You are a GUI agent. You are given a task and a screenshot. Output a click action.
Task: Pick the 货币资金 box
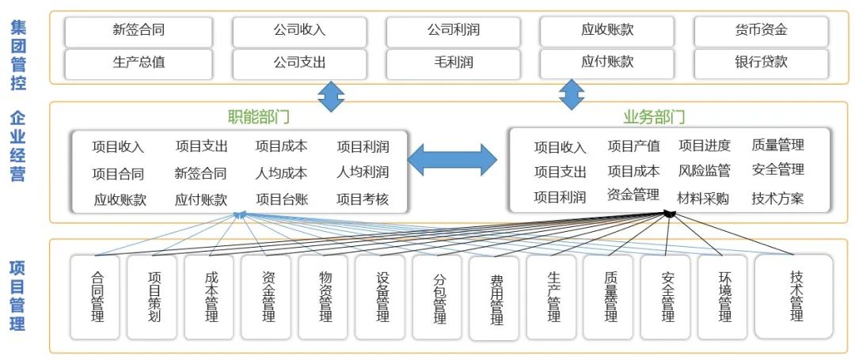761,31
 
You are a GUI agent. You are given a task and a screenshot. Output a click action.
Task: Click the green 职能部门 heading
259,117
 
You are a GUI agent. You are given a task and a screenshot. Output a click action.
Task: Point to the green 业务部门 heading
654,117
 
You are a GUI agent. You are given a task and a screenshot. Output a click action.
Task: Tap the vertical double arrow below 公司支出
331,96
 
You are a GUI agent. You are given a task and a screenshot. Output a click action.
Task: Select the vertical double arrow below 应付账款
571,94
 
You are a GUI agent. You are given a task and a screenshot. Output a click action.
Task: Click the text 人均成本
281,172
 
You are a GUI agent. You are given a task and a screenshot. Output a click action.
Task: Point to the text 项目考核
363,199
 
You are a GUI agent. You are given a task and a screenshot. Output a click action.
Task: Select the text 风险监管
704,171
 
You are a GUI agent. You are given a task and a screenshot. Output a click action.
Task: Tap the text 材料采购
703,198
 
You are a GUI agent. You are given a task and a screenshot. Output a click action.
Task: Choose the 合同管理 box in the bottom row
96,297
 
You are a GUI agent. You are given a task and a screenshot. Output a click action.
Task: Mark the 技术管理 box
794,297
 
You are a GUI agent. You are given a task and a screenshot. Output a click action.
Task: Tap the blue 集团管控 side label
18,55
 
